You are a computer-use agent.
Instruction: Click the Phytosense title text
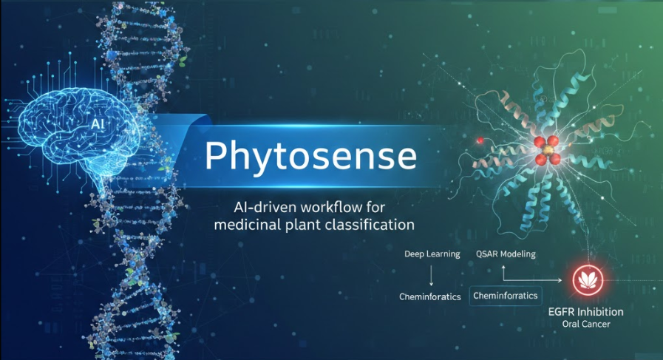click(x=310, y=156)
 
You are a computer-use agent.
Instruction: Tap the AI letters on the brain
click(x=98, y=124)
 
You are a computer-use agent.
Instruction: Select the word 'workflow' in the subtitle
click(x=331, y=207)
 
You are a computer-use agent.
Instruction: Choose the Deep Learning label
click(x=432, y=254)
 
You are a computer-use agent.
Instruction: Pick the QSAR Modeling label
click(x=506, y=254)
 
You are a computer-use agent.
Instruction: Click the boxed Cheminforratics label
click(x=506, y=296)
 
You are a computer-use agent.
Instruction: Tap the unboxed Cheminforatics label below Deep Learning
click(x=430, y=297)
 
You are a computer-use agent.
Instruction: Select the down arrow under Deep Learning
click(x=432, y=276)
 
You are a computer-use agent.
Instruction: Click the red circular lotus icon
click(x=588, y=280)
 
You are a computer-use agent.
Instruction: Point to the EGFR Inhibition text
click(x=585, y=312)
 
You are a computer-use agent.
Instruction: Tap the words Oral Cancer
click(x=586, y=325)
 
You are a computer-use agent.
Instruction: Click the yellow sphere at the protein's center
click(x=547, y=150)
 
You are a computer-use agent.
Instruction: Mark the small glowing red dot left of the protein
click(x=480, y=140)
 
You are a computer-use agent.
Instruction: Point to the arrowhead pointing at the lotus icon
click(x=560, y=280)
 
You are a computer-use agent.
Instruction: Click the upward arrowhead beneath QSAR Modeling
click(x=503, y=268)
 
